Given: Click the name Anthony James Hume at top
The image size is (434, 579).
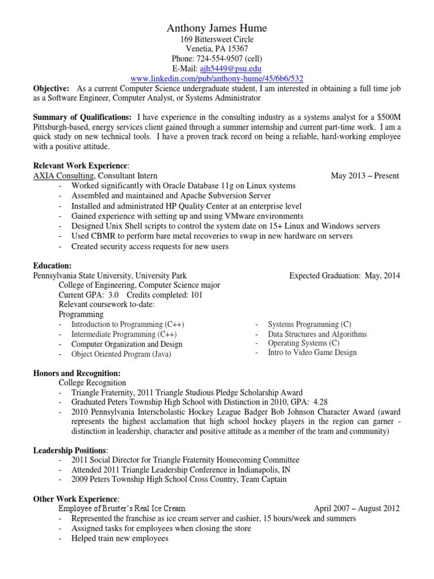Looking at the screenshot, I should click(x=216, y=28).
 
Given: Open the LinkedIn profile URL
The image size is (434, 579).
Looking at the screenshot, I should click(x=216, y=78).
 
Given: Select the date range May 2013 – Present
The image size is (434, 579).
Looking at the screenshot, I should click(x=364, y=175).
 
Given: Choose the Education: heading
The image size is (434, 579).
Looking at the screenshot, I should click(x=53, y=266).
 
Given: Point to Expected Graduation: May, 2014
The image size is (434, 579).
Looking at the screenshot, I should click(x=344, y=275).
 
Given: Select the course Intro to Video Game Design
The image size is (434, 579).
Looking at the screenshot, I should click(x=312, y=352).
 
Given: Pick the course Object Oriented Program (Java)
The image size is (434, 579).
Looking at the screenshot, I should click(x=121, y=354).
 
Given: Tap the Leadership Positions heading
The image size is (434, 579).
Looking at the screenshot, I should click(x=70, y=451).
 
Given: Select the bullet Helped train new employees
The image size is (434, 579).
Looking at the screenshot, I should click(x=120, y=538).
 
